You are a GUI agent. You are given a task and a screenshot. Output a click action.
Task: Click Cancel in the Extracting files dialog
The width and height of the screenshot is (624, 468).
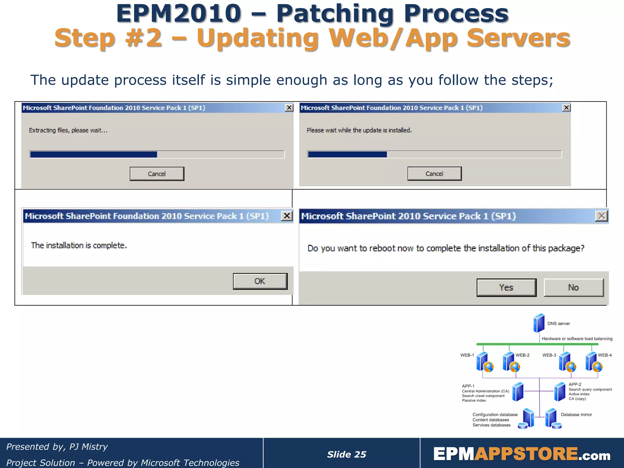(x=157, y=174)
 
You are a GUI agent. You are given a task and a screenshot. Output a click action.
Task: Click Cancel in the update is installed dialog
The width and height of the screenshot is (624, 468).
(x=434, y=174)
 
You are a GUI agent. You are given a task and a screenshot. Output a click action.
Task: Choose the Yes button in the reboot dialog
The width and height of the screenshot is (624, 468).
(x=506, y=287)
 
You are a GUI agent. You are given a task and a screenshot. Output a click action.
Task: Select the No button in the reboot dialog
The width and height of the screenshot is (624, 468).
(x=573, y=287)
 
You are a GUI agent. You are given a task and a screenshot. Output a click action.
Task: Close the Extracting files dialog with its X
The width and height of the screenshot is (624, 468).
(x=289, y=108)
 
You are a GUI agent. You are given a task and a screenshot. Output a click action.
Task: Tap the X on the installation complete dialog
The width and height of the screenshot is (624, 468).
(x=287, y=216)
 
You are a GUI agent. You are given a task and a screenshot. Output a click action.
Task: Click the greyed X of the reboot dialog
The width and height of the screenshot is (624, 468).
(x=601, y=216)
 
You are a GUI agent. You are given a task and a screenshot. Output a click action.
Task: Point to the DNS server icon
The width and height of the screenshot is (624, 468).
(x=539, y=323)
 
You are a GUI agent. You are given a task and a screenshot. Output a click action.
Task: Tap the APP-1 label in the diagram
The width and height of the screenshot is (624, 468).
(x=468, y=386)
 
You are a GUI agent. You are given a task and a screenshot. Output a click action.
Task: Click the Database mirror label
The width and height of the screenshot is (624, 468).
(x=576, y=415)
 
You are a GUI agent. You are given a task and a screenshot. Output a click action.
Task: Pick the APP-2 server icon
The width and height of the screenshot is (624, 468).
(x=560, y=392)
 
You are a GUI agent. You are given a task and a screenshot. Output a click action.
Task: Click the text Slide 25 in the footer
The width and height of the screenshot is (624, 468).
(x=346, y=454)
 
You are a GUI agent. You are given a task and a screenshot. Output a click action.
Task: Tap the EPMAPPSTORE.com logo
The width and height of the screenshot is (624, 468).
(x=522, y=454)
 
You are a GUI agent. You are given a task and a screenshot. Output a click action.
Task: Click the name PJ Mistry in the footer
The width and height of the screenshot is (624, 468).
(x=88, y=447)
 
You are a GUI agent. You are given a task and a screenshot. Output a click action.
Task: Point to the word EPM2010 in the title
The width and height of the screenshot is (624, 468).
(x=179, y=13)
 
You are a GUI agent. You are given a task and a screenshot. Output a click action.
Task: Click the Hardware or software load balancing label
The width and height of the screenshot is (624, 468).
(x=577, y=339)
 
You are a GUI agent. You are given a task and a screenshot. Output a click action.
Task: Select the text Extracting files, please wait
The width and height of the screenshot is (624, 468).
(x=68, y=130)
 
